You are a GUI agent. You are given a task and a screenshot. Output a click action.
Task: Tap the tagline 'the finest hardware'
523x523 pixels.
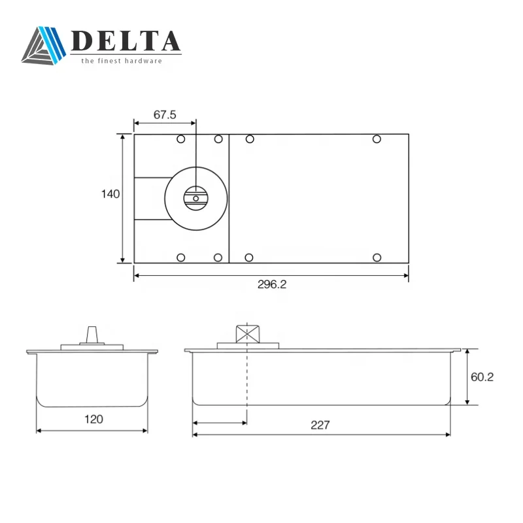(x=121, y=61)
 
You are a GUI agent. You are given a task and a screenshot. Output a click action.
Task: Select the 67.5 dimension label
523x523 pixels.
(x=165, y=114)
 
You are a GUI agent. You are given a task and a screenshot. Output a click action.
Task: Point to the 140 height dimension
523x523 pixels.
(x=110, y=194)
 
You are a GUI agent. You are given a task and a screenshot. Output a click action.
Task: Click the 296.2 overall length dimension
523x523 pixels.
(x=273, y=284)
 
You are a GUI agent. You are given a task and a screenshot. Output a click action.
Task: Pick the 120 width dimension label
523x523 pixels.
(x=93, y=419)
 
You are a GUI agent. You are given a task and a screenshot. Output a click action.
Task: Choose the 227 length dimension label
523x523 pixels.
(x=320, y=425)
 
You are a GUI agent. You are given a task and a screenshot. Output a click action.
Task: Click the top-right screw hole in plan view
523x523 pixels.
(x=377, y=139)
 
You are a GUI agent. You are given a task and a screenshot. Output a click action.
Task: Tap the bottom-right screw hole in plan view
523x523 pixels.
(x=377, y=256)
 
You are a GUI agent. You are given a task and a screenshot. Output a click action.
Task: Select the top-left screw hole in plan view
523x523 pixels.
(x=181, y=139)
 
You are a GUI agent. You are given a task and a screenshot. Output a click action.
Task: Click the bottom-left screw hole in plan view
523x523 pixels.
(x=181, y=256)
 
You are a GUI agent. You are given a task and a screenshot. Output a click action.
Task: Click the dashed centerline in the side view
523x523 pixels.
(x=247, y=379)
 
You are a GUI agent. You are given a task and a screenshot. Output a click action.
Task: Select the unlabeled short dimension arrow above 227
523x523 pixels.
(x=220, y=422)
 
